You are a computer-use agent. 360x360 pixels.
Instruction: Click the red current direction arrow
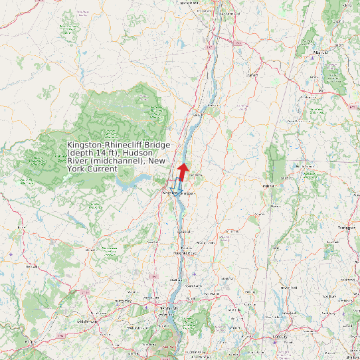click(x=183, y=170)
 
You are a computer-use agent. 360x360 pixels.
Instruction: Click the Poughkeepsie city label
click(x=185, y=253)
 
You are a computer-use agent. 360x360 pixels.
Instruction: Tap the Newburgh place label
click(x=169, y=309)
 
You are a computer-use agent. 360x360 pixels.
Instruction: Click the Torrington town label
click(x=347, y=227)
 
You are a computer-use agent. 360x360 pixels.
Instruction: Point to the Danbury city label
click(x=280, y=337)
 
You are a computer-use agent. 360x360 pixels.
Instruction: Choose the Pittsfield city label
click(x=321, y=51)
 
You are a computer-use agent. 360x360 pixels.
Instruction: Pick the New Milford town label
click(x=286, y=287)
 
